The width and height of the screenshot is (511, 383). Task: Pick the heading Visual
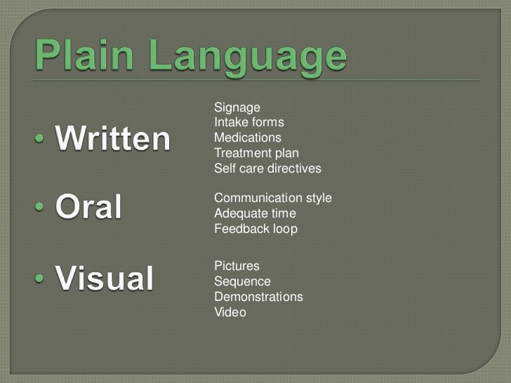[105, 280]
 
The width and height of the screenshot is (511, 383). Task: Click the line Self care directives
[267, 168]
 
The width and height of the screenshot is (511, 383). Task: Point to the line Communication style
[272, 199]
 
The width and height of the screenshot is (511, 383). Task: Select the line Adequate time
[255, 213]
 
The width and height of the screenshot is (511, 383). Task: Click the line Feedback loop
[255, 229]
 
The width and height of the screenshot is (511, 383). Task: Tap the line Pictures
[237, 267]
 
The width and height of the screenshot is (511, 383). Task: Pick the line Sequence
[242, 281]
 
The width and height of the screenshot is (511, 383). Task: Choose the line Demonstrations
[258, 297]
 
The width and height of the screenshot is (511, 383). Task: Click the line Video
[230, 313]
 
